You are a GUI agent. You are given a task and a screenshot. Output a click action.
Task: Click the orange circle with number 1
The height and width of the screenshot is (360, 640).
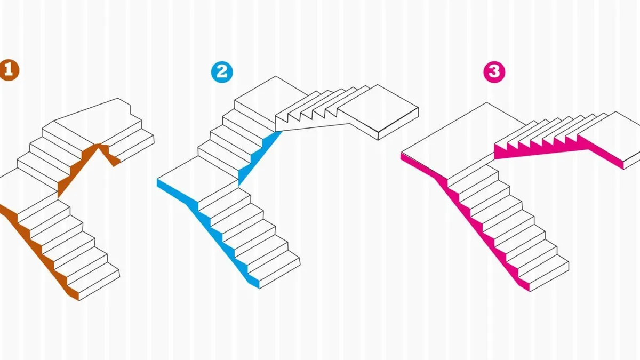pyautogui.click(x=9, y=70)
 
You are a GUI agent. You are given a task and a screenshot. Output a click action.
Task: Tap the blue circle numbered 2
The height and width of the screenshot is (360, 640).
pyautogui.click(x=222, y=72)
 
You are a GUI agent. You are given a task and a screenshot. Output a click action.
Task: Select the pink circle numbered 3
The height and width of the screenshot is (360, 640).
pyautogui.click(x=494, y=72)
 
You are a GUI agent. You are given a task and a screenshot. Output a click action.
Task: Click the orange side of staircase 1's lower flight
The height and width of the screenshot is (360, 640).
pyautogui.click(x=40, y=251)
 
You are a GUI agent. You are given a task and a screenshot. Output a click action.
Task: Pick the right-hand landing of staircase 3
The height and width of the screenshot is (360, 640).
pyautogui.click(x=611, y=134)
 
